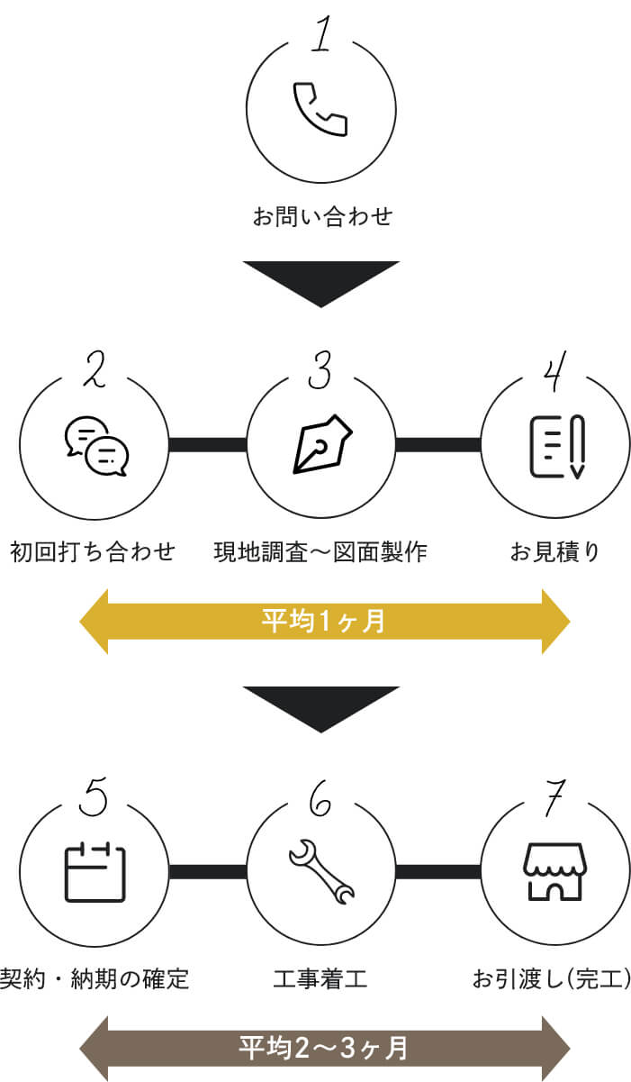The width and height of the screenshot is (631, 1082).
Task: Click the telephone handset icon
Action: pos(320,109)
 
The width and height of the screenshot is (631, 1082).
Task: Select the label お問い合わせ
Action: pos(322,216)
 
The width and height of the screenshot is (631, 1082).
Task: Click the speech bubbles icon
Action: pos(96,446)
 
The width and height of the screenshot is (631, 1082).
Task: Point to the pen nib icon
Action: pos(322,444)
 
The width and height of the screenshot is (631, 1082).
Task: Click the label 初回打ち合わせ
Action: pos(93,551)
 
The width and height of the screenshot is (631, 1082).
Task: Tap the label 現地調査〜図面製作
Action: pos(320,551)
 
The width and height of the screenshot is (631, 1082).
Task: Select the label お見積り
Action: pos(554,551)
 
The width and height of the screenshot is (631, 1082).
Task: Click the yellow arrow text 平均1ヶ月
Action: pos(323,622)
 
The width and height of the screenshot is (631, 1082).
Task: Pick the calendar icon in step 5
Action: pos(95,872)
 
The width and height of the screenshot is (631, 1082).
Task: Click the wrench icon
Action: pos(321,872)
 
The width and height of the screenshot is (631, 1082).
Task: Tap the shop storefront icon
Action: pos(555,872)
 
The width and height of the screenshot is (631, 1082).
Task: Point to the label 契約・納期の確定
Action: pos(95,978)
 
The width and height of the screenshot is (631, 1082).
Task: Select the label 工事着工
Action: pos(320,978)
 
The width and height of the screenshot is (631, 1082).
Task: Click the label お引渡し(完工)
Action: pos(552,978)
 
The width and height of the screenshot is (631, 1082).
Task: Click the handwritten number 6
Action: pos(320,798)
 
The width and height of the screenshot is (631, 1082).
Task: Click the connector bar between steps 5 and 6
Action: pos(208,872)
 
